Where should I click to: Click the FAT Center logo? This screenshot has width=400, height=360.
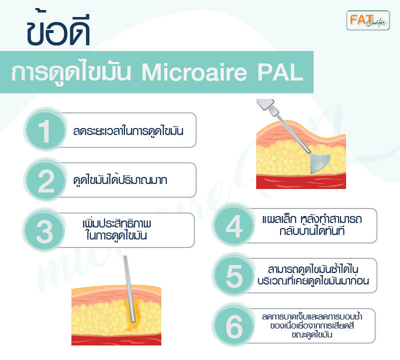(x=368, y=20)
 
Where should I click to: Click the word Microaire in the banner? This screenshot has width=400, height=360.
(x=194, y=72)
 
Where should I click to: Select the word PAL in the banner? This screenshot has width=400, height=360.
(x=280, y=72)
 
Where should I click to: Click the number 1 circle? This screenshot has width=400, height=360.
(x=45, y=130)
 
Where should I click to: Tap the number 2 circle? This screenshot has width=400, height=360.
(x=45, y=180)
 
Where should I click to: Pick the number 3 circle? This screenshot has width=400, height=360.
(x=44, y=230)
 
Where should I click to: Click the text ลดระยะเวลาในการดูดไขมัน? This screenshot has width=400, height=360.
(x=128, y=131)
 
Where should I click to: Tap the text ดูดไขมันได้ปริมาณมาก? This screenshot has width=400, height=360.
(x=120, y=180)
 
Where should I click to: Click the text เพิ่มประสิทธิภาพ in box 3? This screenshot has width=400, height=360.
(x=117, y=223)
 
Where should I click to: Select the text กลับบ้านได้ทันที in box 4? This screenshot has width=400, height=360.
(x=312, y=231)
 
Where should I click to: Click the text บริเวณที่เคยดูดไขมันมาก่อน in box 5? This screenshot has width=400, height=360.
(x=313, y=281)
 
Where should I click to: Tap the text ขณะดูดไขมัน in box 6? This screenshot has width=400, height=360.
(x=312, y=334)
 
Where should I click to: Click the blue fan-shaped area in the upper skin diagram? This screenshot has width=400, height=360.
(x=320, y=163)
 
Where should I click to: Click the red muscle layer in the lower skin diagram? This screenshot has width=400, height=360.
(x=116, y=339)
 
